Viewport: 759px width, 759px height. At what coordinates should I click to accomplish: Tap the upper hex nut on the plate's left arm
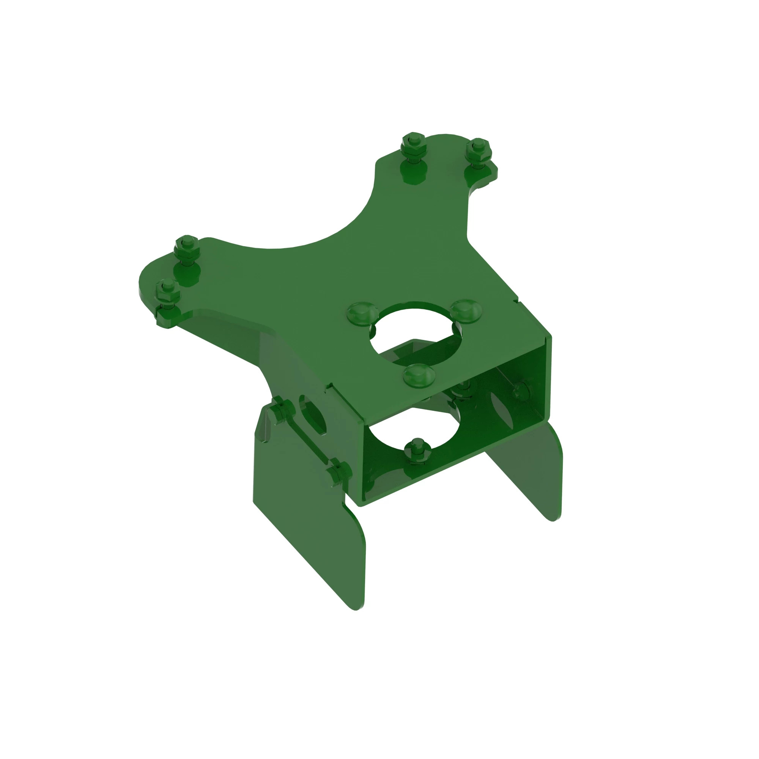(187, 245)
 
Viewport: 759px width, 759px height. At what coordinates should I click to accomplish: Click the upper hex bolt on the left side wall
(282, 411)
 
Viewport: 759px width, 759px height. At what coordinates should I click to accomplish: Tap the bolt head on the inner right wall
(520, 391)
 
